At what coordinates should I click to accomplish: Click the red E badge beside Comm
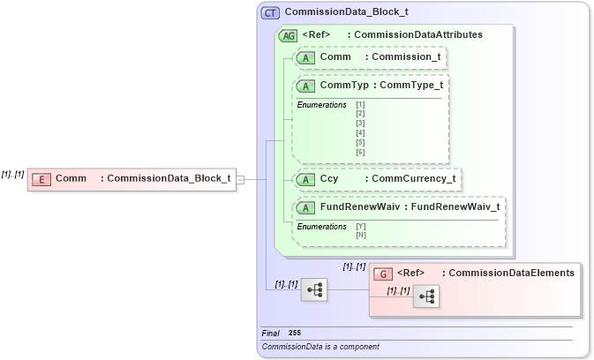click(x=41, y=179)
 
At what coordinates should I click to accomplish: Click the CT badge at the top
click(x=270, y=13)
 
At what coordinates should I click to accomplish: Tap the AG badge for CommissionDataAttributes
click(x=288, y=35)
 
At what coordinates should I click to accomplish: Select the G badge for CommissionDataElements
click(x=383, y=274)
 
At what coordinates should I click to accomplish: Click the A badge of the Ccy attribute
click(x=305, y=179)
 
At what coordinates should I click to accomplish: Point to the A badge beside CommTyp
click(x=305, y=86)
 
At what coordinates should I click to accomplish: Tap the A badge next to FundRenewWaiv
click(x=305, y=208)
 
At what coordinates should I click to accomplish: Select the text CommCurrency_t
click(x=413, y=179)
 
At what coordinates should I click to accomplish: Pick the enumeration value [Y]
click(x=360, y=226)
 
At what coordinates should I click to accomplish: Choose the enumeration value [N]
click(x=360, y=235)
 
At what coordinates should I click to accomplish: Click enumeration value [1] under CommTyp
click(x=360, y=105)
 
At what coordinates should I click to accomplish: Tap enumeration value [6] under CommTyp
click(x=360, y=153)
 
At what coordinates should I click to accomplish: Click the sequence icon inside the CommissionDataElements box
click(x=425, y=297)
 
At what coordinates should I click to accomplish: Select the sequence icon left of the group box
click(x=313, y=289)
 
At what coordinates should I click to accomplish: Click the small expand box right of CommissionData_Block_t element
click(x=240, y=179)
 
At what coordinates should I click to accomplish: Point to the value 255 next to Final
click(x=295, y=333)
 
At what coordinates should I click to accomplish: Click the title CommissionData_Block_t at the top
click(x=346, y=13)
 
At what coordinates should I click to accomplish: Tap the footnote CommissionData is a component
click(x=320, y=347)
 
